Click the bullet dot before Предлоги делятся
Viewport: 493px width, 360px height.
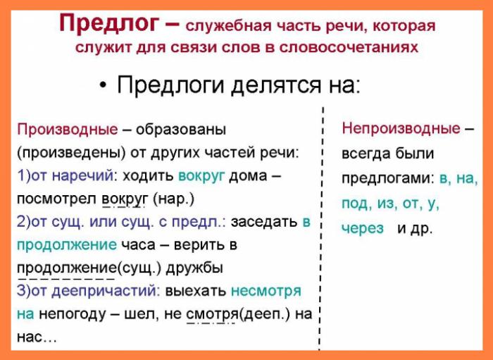pos(103,85)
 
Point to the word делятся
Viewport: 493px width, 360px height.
pos(275,86)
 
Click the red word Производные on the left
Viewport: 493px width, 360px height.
pos(68,130)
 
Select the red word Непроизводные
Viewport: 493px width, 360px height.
pos(401,129)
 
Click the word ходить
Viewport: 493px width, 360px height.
pos(148,176)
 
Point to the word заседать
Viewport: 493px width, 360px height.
pos(264,223)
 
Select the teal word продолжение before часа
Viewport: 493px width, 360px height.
pos(66,245)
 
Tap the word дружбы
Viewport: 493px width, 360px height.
pos(194,268)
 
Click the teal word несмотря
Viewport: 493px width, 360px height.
pos(266,291)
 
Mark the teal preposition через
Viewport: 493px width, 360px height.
pos(363,228)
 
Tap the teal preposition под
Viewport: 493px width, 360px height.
pos(355,204)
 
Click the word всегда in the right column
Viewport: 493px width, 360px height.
pos(365,154)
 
